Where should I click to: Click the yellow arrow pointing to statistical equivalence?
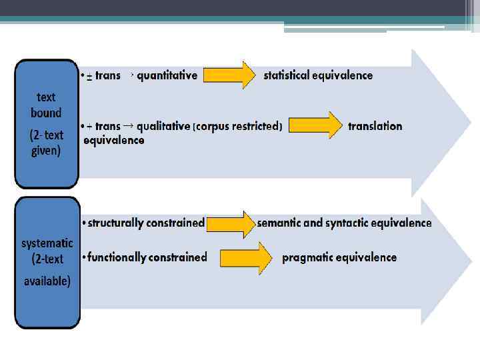pyautogui.click(x=229, y=75)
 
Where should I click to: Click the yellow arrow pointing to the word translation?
pyautogui.click(x=315, y=125)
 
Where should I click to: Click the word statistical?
pyautogui.click(x=287, y=75)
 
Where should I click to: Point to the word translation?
pyautogui.click(x=375, y=126)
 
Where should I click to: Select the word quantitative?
pyautogui.click(x=167, y=75)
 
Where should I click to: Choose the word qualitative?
pyautogui.click(x=163, y=126)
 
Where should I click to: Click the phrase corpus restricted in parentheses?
pyautogui.click(x=238, y=126)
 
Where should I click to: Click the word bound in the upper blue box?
pyautogui.click(x=46, y=113)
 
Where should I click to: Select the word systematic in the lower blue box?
pyautogui.click(x=47, y=243)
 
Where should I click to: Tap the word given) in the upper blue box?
pyautogui.click(x=46, y=151)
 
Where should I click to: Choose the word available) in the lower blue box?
pyautogui.click(x=47, y=281)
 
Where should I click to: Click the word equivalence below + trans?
pyautogui.click(x=114, y=140)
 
